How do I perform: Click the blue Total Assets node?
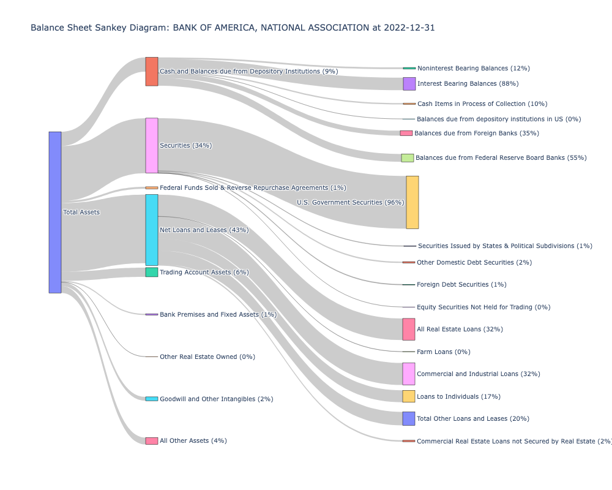click(x=55, y=212)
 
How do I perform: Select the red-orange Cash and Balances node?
click(x=151, y=72)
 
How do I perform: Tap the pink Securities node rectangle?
click(x=151, y=145)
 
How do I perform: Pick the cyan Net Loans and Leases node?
click(x=151, y=230)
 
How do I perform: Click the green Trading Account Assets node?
click(x=151, y=272)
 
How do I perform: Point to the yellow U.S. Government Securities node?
click(x=412, y=202)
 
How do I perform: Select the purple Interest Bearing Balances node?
click(x=409, y=83)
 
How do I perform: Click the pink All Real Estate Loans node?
click(x=408, y=329)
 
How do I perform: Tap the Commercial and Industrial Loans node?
click(x=408, y=374)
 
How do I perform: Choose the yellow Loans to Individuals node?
click(x=408, y=396)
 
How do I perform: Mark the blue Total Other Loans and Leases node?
click(x=408, y=418)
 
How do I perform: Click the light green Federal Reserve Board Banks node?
click(x=407, y=157)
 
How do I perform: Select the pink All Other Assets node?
click(x=151, y=441)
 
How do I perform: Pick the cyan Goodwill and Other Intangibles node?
click(x=151, y=399)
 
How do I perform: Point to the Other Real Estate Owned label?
click(x=207, y=356)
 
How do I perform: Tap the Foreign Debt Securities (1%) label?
click(x=461, y=284)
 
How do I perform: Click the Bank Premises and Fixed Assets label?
click(x=218, y=314)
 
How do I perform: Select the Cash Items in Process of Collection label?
click(x=482, y=104)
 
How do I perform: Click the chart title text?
click(x=233, y=28)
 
